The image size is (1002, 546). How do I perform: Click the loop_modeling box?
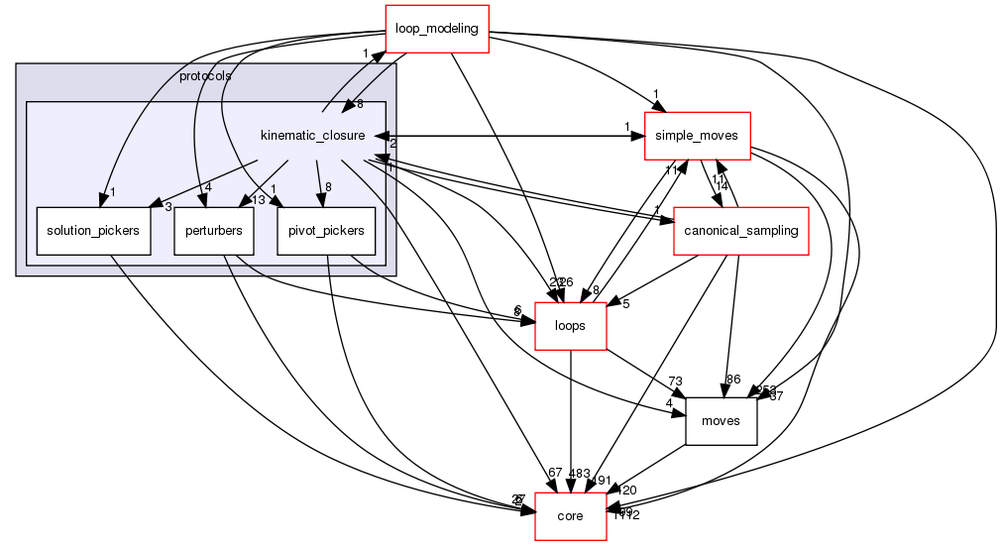point(436,28)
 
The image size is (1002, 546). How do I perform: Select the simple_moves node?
point(698,136)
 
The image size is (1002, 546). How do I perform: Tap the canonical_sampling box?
point(738,231)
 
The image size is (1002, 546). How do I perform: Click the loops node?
point(571,325)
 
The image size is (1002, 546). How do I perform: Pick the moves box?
point(721,420)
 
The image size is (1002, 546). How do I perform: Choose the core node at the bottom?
point(570,516)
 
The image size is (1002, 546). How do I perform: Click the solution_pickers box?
point(93,231)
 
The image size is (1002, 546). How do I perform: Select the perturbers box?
point(214,231)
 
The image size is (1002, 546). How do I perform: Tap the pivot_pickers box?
point(325,231)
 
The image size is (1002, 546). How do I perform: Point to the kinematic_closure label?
point(312,135)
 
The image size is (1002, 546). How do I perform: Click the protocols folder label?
point(206,76)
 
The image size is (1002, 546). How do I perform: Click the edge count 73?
point(677,382)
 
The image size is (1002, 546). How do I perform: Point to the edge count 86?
point(733,380)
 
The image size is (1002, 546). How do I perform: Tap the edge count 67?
point(554,474)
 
